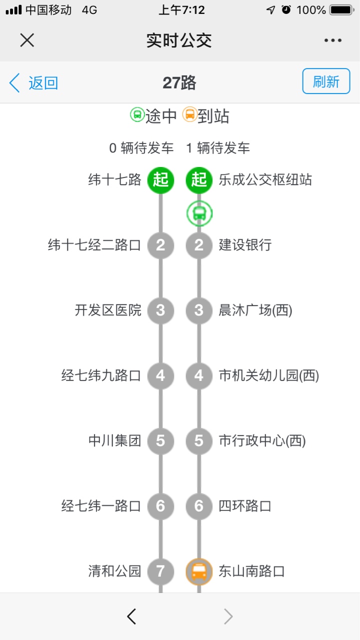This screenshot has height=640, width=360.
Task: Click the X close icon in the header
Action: [27, 39]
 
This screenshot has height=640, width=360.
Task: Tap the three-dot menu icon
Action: [333, 40]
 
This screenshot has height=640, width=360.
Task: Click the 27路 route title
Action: [179, 83]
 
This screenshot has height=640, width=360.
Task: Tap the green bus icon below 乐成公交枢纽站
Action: [199, 213]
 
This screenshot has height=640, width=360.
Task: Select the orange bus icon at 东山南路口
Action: [199, 571]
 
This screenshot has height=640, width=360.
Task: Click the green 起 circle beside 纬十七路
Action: [160, 180]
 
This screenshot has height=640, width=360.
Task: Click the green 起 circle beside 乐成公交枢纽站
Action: [199, 180]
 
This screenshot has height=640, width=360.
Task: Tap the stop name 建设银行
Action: [245, 245]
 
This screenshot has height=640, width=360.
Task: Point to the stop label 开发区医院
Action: [108, 310]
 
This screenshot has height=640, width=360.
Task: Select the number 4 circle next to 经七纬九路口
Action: [160, 375]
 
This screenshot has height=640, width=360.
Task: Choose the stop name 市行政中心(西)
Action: [262, 440]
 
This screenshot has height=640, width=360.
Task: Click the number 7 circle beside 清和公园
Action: [160, 571]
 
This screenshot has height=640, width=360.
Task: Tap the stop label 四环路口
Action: [245, 506]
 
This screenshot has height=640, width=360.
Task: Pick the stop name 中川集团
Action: [115, 440]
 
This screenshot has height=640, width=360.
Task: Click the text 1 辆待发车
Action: [218, 148]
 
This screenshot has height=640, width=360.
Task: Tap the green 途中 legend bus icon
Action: [137, 114]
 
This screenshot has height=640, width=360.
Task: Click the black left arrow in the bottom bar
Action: [131, 616]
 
